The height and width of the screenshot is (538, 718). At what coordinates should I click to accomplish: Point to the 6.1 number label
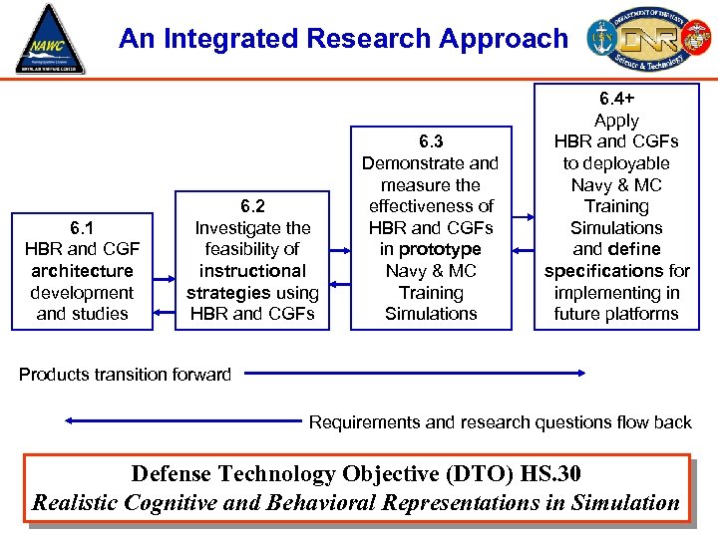tap(82, 227)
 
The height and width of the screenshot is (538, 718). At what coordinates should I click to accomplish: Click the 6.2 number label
tap(252, 206)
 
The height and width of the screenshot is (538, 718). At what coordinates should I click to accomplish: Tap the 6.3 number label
tap(431, 141)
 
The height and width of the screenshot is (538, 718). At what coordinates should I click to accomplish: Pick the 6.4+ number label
tap(616, 99)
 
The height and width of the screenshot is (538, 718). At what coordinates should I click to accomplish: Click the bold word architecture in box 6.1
tap(82, 271)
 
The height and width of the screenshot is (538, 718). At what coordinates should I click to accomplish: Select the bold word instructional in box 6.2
tap(252, 271)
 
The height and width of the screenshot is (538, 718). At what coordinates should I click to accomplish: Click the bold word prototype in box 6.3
tap(440, 249)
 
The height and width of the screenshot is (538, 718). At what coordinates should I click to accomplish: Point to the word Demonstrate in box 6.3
tap(407, 163)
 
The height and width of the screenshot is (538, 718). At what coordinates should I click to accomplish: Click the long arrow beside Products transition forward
tap(415, 375)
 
